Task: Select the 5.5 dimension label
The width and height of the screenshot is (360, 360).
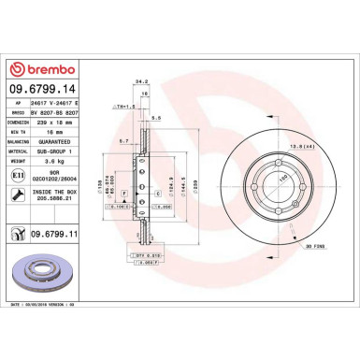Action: tap(158, 118)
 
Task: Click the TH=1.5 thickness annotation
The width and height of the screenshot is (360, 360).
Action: tap(118, 107)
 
